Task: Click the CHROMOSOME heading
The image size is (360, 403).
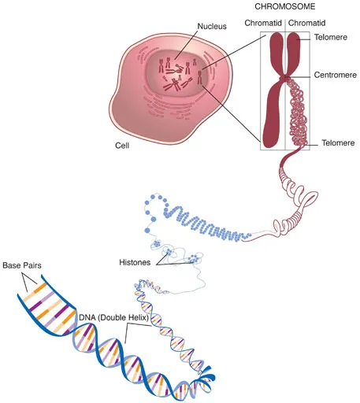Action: point(285,6)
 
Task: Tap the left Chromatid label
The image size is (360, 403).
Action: point(263,23)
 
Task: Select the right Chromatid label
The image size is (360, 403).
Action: point(306,23)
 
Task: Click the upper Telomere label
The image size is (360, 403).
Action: point(331,37)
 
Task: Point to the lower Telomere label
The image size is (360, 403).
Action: point(338,143)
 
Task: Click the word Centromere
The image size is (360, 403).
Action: point(336,75)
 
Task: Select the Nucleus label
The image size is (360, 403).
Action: point(212,26)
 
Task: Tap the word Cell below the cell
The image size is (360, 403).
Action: point(122,146)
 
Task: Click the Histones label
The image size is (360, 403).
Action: point(135,262)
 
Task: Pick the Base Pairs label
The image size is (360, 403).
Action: point(22,265)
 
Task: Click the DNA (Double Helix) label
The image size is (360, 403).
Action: point(114,318)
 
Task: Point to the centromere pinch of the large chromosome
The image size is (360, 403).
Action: point(285,78)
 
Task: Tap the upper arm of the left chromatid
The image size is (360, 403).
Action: point(276,53)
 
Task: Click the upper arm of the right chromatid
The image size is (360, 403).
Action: point(294,53)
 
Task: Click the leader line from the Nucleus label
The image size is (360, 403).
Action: point(187,45)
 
